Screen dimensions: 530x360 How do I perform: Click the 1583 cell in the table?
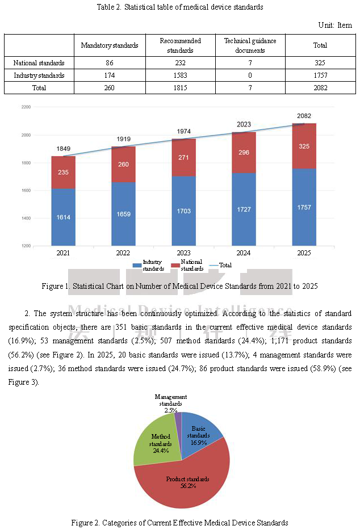coord(180,75)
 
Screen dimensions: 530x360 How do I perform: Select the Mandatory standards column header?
coord(110,45)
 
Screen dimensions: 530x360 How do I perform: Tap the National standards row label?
coord(39,63)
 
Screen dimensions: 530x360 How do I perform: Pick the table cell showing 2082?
coord(320,88)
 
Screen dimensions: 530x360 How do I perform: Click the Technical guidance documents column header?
coord(250,45)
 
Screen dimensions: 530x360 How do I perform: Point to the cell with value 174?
coord(110,75)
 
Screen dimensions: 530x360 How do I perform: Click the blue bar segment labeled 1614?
coord(64,217)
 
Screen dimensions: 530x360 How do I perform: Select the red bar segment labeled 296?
coord(244,153)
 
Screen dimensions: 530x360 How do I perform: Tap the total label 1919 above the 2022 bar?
coord(124,139)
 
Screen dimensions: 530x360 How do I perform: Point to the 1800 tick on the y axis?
coord(25,163)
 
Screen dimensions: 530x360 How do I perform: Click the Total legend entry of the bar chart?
coord(220,265)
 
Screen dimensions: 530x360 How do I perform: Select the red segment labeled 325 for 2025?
coord(304,146)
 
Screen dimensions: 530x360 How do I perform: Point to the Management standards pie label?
coord(171,403)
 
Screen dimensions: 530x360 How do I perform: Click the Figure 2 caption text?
coord(179,523)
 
